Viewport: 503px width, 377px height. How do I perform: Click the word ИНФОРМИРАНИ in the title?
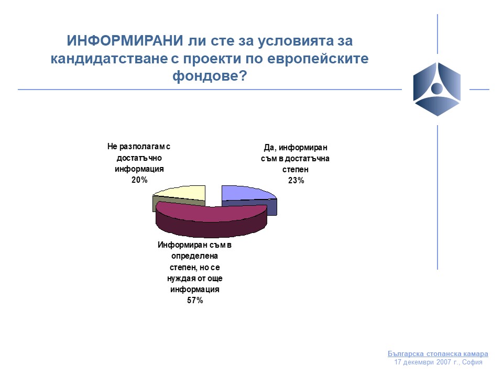(x=125, y=41)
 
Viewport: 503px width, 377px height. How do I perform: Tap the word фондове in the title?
(x=206, y=75)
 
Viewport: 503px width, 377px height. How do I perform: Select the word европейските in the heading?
(x=318, y=59)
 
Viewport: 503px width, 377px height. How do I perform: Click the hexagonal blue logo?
(x=437, y=89)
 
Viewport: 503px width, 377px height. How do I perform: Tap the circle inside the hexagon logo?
(x=437, y=88)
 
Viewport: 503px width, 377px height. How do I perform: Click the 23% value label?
(x=296, y=181)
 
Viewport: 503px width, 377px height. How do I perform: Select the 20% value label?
(x=139, y=180)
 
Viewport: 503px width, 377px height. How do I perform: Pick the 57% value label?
(x=195, y=301)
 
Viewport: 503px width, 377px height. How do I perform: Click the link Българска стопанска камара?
(x=438, y=353)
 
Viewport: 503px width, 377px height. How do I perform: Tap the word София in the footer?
(x=472, y=362)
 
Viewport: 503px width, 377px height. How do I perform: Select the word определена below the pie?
(x=194, y=256)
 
